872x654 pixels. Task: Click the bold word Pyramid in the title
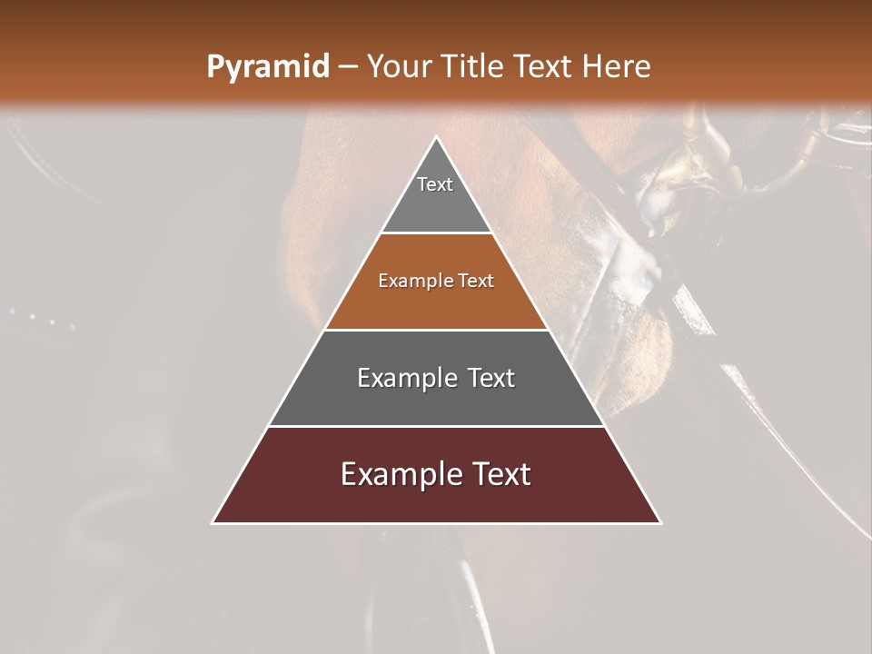(267, 67)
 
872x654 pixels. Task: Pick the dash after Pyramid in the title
(348, 67)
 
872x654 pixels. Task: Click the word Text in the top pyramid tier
(435, 184)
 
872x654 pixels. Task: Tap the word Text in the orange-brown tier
(476, 282)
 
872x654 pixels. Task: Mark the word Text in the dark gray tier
(491, 378)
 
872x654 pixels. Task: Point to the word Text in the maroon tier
(500, 474)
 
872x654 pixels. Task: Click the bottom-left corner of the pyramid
(213, 522)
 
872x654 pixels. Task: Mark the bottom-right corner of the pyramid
(660, 522)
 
